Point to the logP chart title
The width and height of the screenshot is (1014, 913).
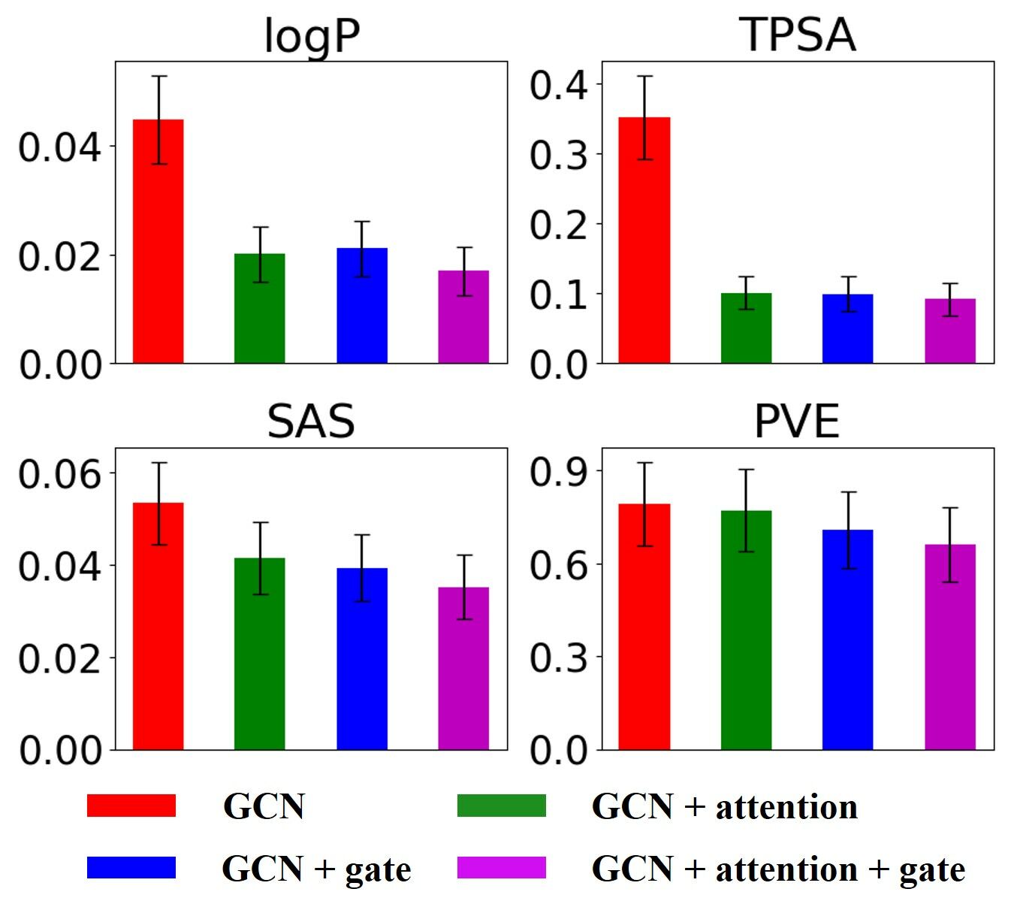coord(312,35)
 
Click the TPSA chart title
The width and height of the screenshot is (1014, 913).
coord(798,35)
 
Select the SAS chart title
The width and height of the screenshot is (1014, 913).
coord(311,422)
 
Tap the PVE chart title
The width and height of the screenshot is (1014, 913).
coord(796,422)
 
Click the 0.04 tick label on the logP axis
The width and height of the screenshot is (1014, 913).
coord(59,147)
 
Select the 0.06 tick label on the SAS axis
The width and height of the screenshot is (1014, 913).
coord(59,474)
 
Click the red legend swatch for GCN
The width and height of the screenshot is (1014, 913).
coord(131,806)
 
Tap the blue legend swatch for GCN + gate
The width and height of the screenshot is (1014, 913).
coord(131,867)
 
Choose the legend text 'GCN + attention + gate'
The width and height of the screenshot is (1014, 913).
coord(778,869)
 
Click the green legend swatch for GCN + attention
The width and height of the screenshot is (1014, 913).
coord(501,806)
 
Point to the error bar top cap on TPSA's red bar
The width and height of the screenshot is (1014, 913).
coord(644,77)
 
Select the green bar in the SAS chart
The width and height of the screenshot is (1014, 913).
coord(260,654)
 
